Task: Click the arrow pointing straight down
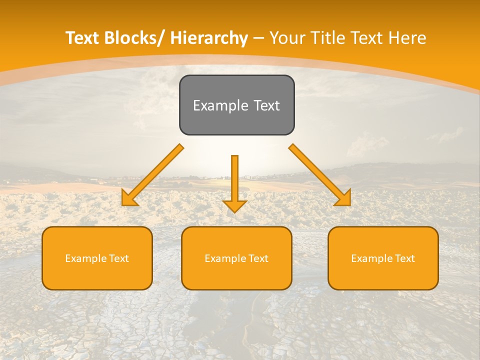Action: tap(234, 182)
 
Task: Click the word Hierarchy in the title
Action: tap(208, 38)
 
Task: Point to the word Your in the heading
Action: tap(286, 38)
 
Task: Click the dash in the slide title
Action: tap(258, 38)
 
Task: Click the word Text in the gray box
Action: tap(266, 105)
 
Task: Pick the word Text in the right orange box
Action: tap(404, 258)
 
